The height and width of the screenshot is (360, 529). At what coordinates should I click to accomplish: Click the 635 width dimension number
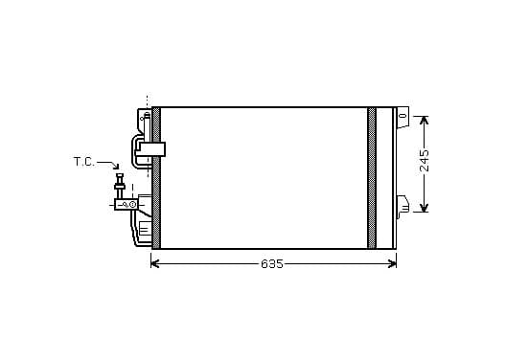pos(272,264)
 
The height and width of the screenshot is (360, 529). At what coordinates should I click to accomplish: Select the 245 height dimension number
pos(425,161)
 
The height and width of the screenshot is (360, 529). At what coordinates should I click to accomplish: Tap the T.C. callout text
pos(84,162)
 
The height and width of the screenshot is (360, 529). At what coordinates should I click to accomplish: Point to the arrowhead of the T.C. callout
pos(116,167)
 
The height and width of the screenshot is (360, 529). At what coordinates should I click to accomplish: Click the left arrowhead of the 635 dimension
pos(154,264)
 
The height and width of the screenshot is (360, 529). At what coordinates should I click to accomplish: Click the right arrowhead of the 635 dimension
pos(392,264)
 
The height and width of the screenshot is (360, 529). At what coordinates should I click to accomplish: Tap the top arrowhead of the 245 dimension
pos(425,121)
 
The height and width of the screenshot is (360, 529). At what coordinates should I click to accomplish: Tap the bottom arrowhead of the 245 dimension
pos(425,208)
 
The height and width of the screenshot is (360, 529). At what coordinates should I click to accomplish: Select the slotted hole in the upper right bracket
pos(402,116)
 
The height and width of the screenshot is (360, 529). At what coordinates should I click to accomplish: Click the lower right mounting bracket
pos(402,206)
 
